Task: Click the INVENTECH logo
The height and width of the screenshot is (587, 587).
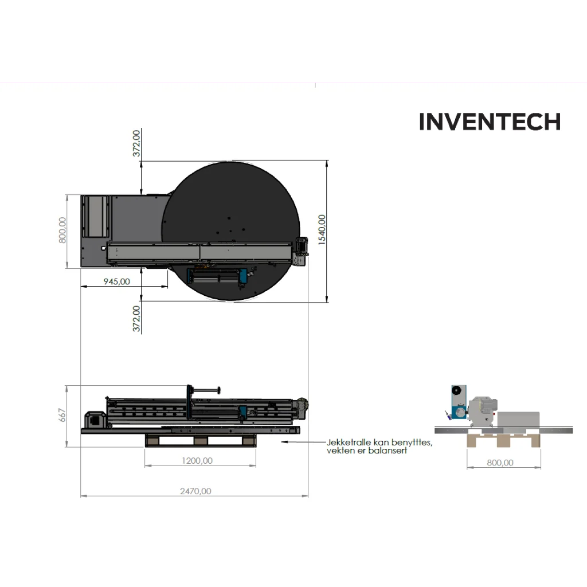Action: pos(490,122)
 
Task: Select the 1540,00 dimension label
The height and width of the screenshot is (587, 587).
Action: pos(322,230)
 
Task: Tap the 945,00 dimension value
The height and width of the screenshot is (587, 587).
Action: pos(117,281)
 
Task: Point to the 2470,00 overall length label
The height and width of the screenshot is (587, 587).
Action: pos(195,491)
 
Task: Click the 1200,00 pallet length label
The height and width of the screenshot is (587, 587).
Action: pos(197,461)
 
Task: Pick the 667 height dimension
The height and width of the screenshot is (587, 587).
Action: pos(62,416)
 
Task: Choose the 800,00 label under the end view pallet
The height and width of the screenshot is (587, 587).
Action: pos(500,463)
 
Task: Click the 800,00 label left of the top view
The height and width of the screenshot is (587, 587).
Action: pos(62,230)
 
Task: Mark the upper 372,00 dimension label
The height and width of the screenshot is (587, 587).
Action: pos(136,143)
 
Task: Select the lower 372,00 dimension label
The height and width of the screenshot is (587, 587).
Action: pos(136,319)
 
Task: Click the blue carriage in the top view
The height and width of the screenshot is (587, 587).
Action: pos(243,276)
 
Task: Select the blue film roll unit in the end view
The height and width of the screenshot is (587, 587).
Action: pos(459,402)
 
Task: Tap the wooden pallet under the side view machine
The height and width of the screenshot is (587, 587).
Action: pos(201,440)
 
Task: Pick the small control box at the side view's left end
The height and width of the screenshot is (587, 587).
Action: pos(96,420)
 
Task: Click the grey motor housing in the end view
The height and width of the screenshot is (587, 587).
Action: pos(483,410)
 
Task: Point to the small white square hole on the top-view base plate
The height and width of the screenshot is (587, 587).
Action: pos(103,248)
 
